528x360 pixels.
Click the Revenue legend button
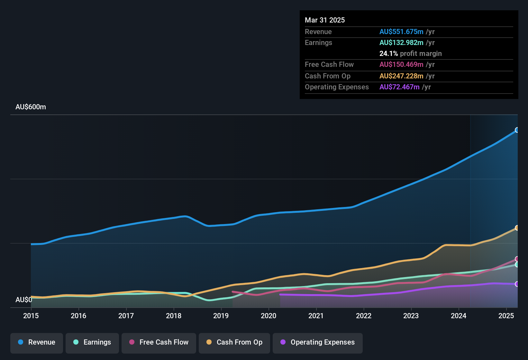coord(37,342)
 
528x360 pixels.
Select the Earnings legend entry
coord(92,342)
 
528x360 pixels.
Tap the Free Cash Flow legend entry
coord(159,342)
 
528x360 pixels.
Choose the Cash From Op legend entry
coord(234,342)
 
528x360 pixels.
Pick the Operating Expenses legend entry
coord(318,342)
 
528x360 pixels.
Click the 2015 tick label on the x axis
coord(31,316)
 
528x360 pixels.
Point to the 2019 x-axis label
coord(221,316)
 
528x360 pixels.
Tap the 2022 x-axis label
coord(364,316)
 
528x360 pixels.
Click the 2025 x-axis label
coord(506,316)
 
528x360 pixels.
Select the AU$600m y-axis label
coord(31,107)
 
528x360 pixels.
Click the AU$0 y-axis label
coord(24,300)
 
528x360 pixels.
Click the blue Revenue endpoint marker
coord(517,130)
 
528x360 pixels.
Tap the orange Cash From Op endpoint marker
coord(517,228)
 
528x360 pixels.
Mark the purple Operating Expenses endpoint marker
coord(517,284)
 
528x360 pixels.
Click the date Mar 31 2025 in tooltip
coord(325,20)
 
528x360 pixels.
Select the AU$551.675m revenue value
coord(401,32)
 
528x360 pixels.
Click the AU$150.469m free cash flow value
coord(401,65)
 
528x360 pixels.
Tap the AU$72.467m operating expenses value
coord(399,87)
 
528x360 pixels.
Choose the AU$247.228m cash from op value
coord(401,76)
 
